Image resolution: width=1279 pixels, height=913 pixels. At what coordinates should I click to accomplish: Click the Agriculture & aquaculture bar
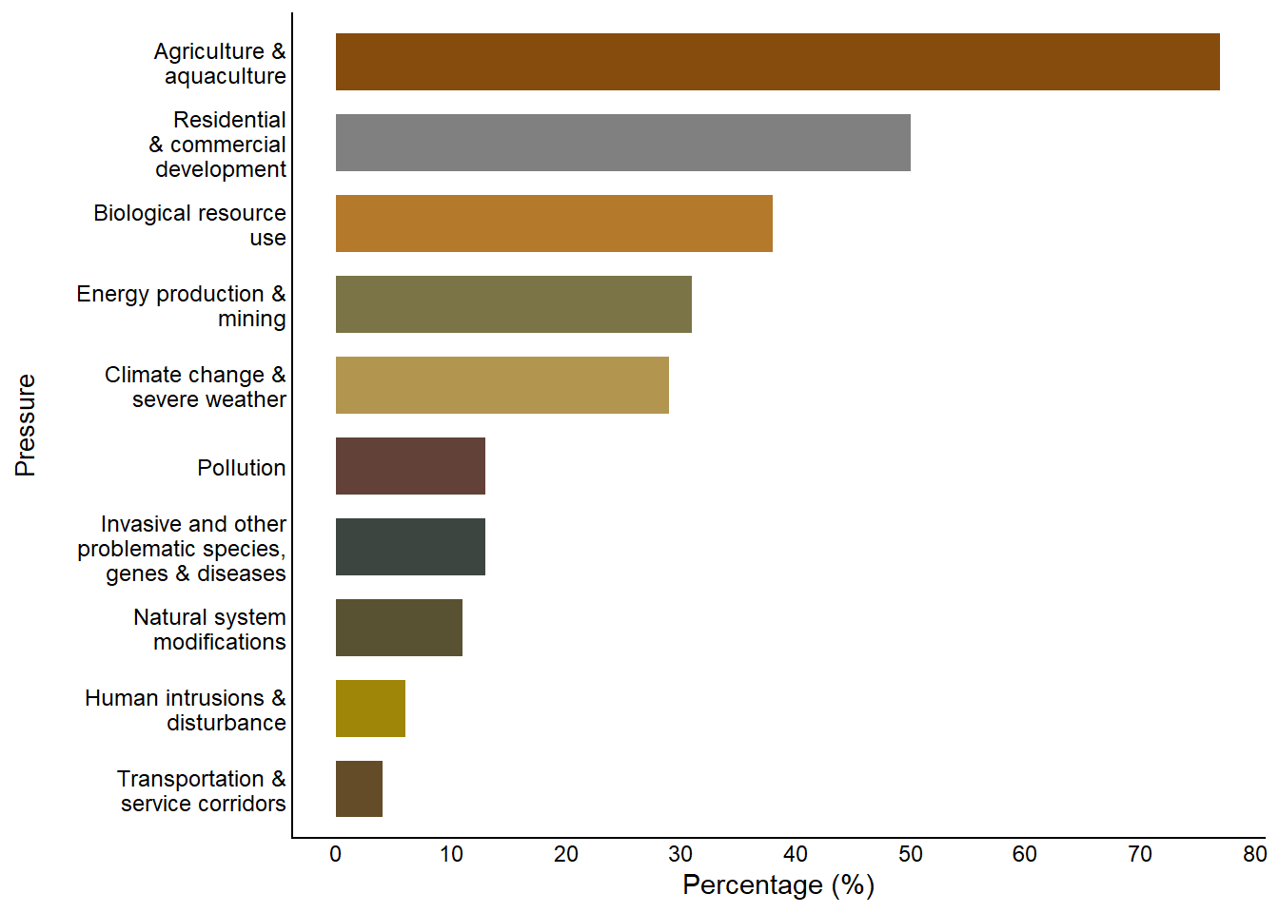point(777,62)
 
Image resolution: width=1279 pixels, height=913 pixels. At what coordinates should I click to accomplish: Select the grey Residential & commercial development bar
point(622,143)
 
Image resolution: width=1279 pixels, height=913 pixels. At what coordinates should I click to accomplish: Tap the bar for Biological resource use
point(554,223)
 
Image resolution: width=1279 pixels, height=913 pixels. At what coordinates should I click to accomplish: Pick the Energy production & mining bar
point(513,304)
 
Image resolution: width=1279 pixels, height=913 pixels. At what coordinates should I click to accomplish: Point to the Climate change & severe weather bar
point(502,385)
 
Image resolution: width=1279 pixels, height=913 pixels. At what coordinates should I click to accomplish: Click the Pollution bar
point(410,466)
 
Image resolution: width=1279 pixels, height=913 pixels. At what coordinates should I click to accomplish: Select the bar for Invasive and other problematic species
point(410,547)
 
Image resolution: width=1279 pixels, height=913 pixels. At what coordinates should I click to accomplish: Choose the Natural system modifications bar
point(399,628)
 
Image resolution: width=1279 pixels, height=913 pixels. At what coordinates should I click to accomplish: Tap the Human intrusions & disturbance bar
point(370,709)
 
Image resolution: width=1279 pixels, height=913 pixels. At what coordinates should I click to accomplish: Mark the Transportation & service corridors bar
point(359,788)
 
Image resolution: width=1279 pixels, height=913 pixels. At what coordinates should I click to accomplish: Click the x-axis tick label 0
point(336,854)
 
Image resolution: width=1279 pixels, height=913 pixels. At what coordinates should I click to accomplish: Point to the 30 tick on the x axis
point(680,854)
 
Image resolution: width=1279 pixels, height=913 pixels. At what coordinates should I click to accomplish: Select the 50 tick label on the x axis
point(911,854)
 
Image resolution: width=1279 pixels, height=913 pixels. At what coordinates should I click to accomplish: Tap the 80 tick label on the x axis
point(1254,854)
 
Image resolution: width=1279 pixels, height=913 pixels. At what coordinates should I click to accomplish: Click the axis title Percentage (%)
point(778,885)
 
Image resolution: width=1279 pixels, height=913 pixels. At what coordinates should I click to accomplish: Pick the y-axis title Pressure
point(26,425)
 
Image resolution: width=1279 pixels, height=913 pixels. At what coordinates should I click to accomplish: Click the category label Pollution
point(242,468)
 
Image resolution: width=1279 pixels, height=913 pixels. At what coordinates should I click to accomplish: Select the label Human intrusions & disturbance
point(186,710)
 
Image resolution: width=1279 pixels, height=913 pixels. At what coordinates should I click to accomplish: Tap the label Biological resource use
point(190,225)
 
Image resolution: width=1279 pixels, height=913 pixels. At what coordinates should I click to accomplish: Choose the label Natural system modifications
point(210,630)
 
